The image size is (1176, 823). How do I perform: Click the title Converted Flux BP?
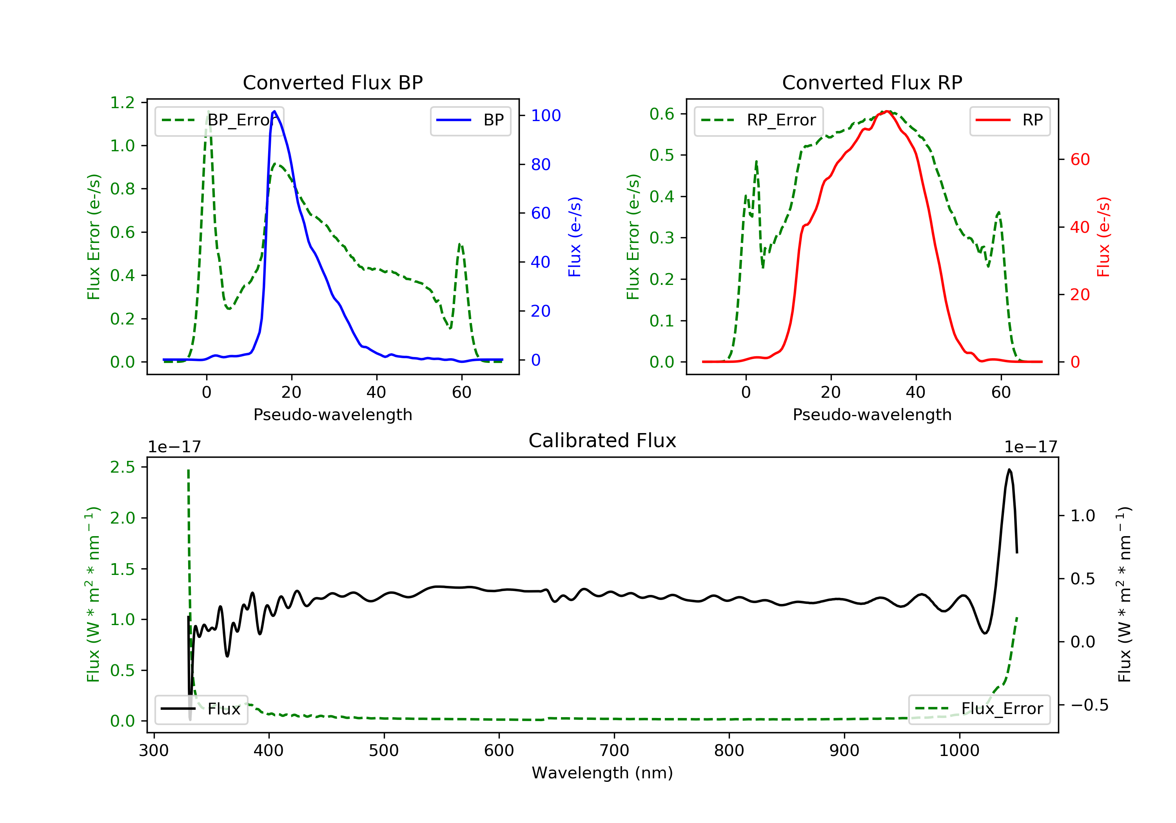332,82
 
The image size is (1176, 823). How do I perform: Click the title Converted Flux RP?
872,82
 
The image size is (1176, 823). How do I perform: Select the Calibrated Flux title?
603,441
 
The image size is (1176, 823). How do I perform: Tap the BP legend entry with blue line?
470,120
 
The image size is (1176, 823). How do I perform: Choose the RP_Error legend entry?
759,120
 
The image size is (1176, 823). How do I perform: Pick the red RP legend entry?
1009,120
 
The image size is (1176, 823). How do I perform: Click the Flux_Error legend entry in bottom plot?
979,709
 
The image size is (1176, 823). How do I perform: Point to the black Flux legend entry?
201,709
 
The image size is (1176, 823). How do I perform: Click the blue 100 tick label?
546,115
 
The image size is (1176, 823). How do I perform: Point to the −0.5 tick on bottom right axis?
1089,705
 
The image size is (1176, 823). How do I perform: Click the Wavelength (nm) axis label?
603,773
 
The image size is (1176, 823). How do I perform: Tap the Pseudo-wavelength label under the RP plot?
872,414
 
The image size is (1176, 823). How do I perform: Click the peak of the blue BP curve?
274,111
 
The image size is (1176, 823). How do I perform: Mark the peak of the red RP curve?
887,111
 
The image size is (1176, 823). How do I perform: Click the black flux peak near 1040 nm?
1009,469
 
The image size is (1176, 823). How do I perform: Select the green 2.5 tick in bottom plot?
122,467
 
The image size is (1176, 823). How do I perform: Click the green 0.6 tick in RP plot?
662,114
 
